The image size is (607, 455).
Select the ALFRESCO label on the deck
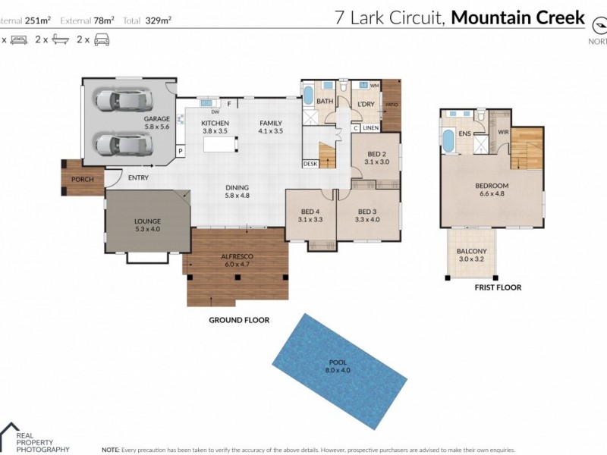[237, 257]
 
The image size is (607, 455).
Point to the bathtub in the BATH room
[308, 97]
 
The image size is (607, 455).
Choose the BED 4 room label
[310, 212]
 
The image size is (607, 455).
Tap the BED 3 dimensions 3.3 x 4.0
[367, 220]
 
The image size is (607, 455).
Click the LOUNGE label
[147, 221]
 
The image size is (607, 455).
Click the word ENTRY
[139, 178]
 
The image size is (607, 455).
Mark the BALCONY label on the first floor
[471, 251]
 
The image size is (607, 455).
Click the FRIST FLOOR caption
[498, 288]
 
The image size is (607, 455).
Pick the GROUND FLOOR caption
[239, 320]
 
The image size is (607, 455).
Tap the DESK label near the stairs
[310, 163]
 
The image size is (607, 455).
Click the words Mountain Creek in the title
[517, 17]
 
